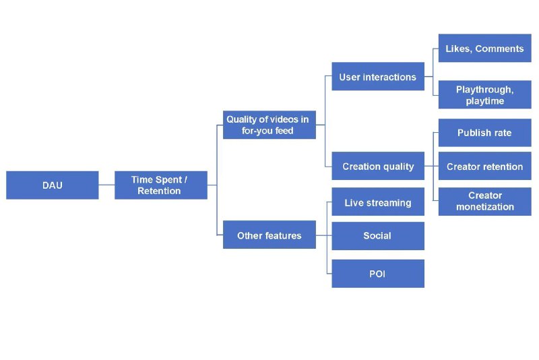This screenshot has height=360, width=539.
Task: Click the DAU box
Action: click(52, 185)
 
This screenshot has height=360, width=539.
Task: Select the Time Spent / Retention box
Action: click(160, 185)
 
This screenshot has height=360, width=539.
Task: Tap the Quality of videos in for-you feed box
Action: click(269, 125)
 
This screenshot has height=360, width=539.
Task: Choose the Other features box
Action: click(269, 235)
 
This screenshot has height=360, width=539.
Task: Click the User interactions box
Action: click(377, 77)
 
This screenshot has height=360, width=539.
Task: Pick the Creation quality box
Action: click(377, 167)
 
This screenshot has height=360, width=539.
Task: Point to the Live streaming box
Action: click(377, 202)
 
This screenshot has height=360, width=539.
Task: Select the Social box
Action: click(377, 236)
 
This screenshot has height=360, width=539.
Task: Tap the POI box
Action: click(377, 274)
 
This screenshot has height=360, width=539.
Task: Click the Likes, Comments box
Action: click(484, 49)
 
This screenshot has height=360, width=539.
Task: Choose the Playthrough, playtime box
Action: click(484, 95)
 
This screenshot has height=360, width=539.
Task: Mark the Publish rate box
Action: click(484, 133)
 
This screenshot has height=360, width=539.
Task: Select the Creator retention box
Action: click(484, 167)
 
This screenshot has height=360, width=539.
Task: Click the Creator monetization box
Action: click(484, 202)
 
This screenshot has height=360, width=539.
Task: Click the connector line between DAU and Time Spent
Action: click(106, 185)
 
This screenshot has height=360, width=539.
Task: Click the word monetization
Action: click(484, 207)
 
